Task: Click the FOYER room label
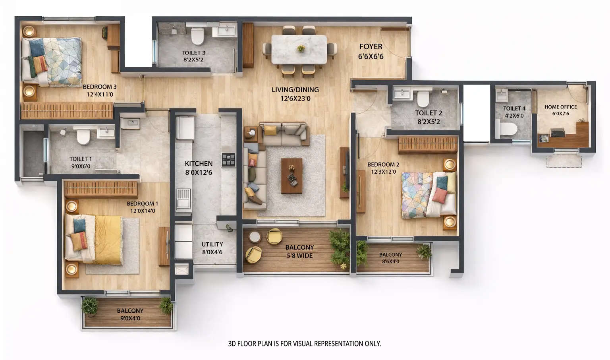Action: coord(371,47)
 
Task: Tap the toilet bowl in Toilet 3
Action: coord(197,37)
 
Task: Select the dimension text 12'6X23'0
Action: coord(295,99)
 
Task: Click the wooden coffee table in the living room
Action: coord(291,176)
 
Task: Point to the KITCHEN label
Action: coord(199,164)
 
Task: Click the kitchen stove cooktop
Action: coord(228,160)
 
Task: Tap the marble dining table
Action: coord(299,49)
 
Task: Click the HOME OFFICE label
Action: coord(560,107)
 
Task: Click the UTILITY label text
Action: coord(212,244)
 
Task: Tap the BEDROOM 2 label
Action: coord(383,165)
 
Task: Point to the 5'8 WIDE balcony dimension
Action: coord(299,256)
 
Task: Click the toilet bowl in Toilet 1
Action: coord(83,137)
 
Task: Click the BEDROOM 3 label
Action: coord(100,87)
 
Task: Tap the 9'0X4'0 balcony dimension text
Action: coord(130,318)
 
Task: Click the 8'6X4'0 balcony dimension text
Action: coord(390,261)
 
